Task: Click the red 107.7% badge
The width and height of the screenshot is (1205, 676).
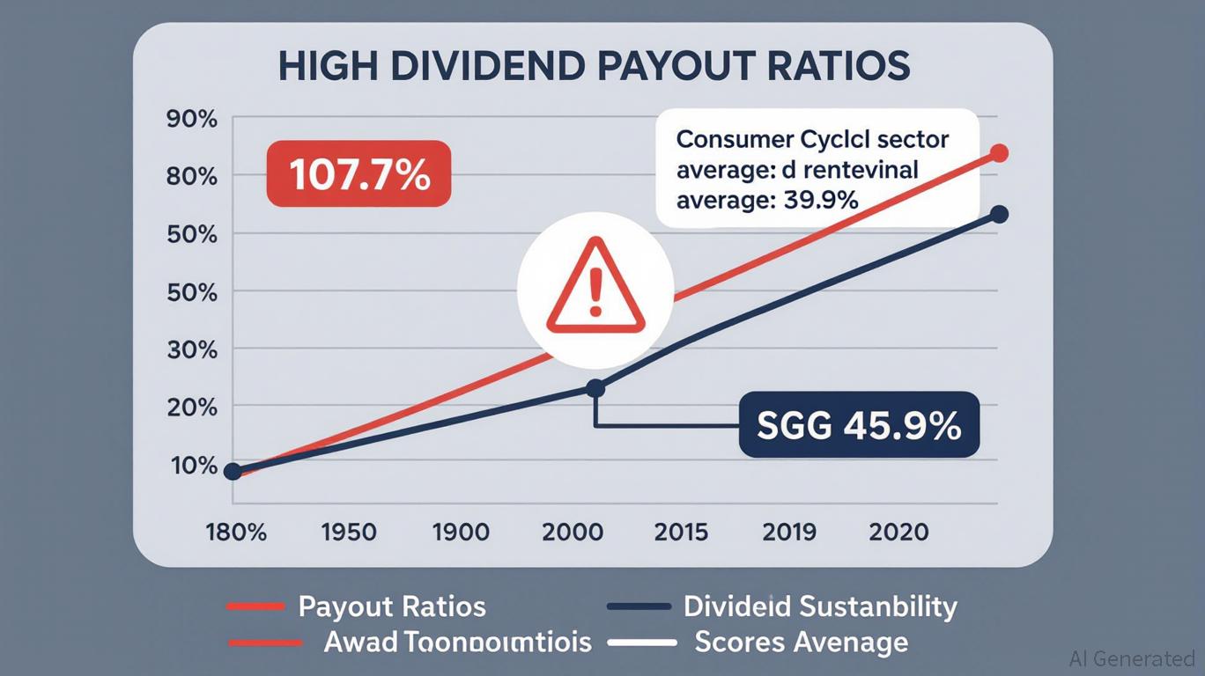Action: [x=359, y=175]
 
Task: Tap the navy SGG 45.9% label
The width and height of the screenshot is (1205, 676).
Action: [x=859, y=425]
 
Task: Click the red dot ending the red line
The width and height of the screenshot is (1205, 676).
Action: [x=999, y=153]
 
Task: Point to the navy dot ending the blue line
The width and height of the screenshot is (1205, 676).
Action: [x=999, y=214]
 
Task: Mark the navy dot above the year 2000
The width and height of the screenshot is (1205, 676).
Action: [x=595, y=388]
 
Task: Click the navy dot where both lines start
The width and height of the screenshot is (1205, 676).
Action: [x=233, y=472]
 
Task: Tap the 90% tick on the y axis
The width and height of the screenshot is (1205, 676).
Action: [x=191, y=120]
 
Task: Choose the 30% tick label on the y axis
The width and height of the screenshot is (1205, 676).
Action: [x=191, y=349]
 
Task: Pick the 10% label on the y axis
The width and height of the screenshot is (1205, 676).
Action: [x=191, y=465]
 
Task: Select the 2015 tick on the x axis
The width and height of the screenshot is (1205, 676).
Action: [x=682, y=533]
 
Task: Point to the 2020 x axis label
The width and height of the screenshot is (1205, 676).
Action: [x=898, y=533]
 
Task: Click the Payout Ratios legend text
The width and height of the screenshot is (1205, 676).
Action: [x=392, y=606]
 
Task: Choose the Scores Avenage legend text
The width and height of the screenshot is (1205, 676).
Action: [x=801, y=642]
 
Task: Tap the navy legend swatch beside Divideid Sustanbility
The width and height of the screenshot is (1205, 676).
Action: [x=639, y=606]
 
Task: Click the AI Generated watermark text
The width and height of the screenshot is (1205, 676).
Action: [x=1131, y=658]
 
